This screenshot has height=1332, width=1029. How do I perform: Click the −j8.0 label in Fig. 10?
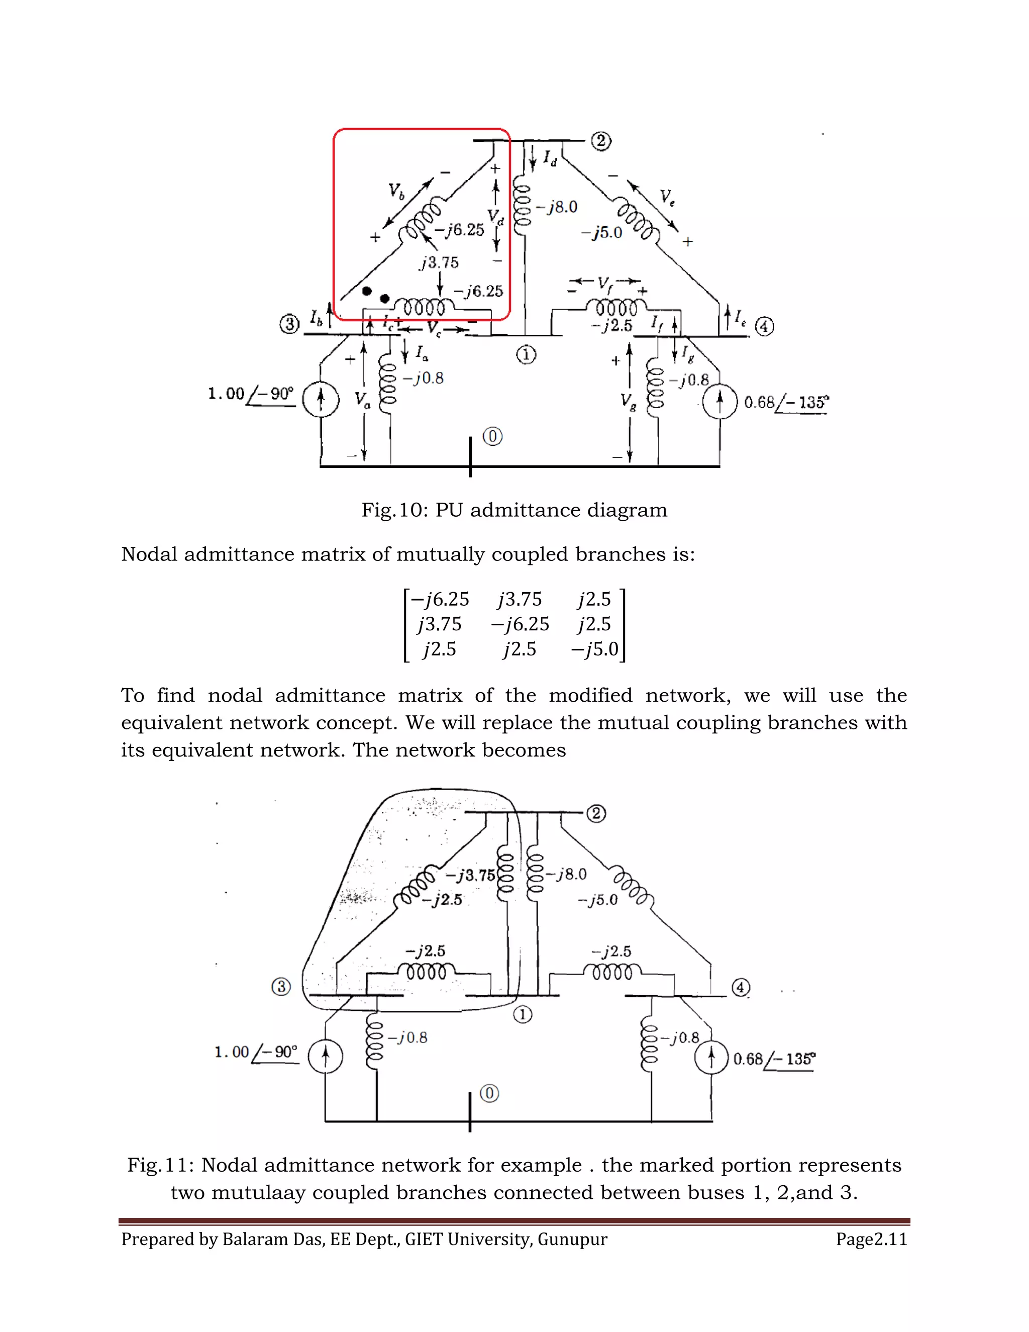coord(557,208)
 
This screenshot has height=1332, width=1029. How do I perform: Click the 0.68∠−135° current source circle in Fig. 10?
coord(719,403)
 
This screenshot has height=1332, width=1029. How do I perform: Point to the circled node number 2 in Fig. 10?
coord(600,142)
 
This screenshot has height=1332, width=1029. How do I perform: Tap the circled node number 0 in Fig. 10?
coord(492,437)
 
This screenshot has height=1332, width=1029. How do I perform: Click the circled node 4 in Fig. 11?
coord(740,987)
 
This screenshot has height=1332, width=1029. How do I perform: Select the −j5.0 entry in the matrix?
coord(594,649)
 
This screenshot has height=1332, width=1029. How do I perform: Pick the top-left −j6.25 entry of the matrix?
coord(440,600)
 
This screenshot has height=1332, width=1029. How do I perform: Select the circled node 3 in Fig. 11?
coord(280,986)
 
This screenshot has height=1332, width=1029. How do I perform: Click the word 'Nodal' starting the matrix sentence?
coord(149,554)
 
